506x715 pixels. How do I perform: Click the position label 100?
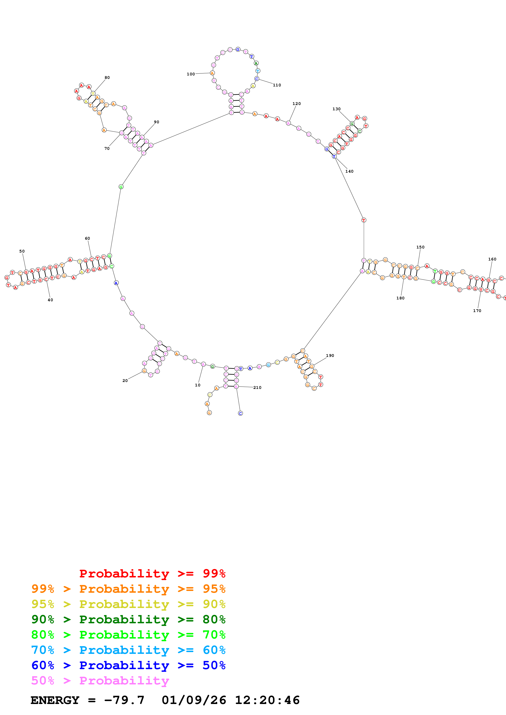190,74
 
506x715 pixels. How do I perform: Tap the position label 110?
277,85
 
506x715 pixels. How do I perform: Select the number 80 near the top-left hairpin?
107,77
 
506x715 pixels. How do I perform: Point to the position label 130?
336,109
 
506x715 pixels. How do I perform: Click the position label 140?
349,171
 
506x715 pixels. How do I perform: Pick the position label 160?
492,259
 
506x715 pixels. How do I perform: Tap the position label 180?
400,298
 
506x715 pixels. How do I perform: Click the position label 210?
257,387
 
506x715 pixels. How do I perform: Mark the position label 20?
125,381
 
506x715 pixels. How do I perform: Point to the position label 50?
22,251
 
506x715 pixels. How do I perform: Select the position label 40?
50,300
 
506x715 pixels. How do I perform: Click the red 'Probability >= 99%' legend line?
152,573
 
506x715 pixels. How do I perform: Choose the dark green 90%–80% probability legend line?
128,619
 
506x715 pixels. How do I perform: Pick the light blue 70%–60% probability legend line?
128,650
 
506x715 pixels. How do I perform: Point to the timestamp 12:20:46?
267,700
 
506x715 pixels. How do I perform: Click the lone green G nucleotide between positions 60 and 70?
121,187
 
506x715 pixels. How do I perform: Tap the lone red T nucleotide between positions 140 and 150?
364,220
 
